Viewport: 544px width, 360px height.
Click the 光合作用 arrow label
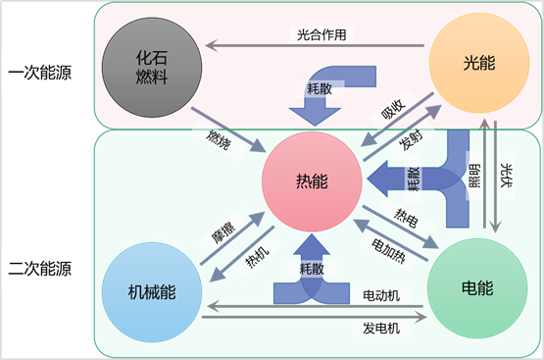323,33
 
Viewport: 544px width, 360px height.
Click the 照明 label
475,174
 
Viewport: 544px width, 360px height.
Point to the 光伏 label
507,174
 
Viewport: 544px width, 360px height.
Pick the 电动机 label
381,295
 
